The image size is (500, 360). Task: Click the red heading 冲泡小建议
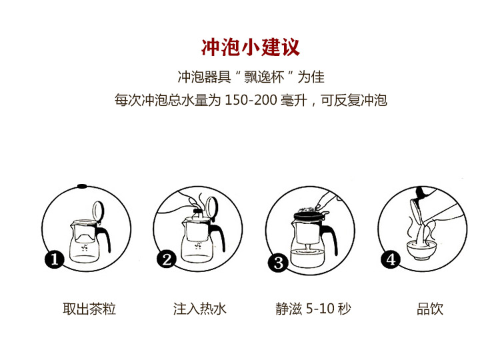(250, 47)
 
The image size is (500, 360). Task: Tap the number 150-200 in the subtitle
(251, 100)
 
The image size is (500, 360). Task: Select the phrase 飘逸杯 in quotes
(264, 77)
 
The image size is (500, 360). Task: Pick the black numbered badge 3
(278, 263)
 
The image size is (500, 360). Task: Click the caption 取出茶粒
(89, 309)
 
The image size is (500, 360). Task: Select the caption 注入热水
(200, 309)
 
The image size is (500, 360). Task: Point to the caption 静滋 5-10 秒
(313, 309)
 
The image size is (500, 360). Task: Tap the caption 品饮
(430, 309)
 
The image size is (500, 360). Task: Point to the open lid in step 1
(98, 211)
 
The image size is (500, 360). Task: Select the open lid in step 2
(212, 207)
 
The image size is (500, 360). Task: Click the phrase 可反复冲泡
(354, 100)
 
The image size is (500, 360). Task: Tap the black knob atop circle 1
(82, 186)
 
